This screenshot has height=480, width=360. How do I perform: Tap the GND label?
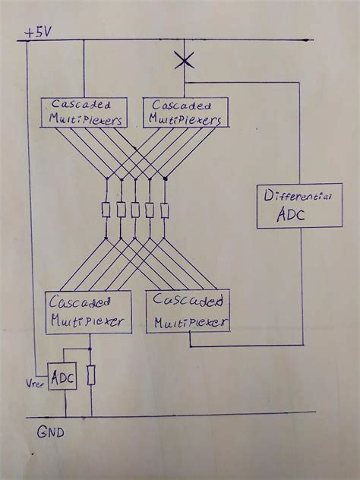click(49, 434)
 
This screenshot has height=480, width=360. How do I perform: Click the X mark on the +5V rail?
click(183, 59)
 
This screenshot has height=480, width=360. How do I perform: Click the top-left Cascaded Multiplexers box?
click(82, 112)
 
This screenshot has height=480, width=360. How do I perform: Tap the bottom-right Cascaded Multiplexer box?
click(190, 311)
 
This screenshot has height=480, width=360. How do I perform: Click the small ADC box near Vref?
click(62, 377)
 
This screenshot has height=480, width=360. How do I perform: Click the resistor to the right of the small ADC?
click(92, 376)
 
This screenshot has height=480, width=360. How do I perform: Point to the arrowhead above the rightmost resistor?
click(166, 181)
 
